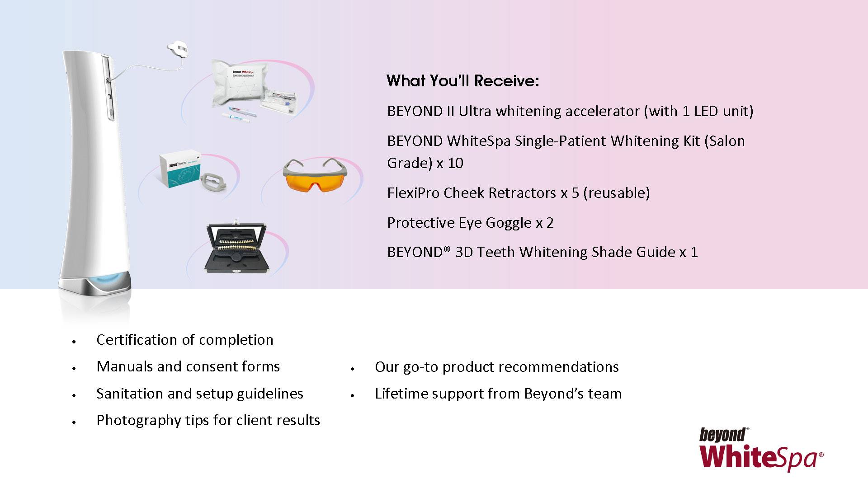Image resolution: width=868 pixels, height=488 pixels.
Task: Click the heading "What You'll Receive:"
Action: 463,81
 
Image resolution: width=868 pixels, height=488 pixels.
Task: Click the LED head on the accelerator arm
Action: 178,49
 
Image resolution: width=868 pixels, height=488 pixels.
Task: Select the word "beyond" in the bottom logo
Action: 722,435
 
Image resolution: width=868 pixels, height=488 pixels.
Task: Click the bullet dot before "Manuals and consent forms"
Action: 73,369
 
